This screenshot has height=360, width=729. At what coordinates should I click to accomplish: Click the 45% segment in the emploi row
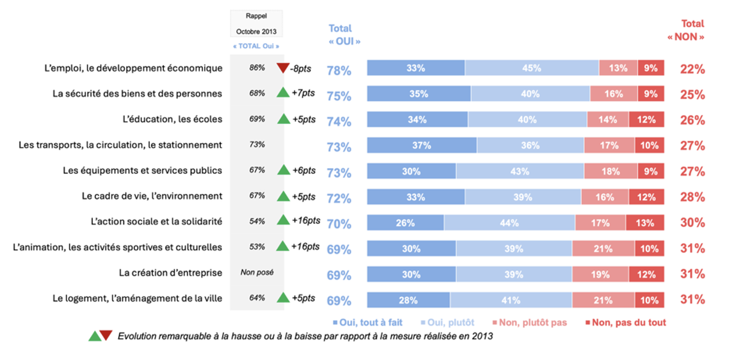[532, 68]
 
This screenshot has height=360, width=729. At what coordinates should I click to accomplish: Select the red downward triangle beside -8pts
[283, 68]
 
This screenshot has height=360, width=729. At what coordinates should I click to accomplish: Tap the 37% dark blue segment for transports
[422, 145]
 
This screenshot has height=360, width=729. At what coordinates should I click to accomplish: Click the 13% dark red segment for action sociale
[645, 223]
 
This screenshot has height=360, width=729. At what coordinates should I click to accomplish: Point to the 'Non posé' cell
[257, 272]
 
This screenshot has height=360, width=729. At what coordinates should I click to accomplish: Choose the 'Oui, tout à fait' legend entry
[368, 323]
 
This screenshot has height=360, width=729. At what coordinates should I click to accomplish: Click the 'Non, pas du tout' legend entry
[626, 323]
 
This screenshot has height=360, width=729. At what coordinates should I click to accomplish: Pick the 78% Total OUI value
[339, 71]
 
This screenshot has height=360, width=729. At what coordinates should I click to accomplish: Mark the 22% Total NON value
[693, 69]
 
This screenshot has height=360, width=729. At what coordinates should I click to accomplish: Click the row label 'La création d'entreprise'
[171, 273]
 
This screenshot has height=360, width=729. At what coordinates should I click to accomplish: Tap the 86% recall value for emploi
[257, 68]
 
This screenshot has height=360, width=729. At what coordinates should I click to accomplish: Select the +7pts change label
[303, 93]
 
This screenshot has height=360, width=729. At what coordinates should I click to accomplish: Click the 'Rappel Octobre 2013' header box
[257, 24]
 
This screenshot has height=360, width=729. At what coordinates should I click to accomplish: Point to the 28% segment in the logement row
[408, 300]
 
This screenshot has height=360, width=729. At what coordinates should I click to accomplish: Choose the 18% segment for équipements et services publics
[611, 171]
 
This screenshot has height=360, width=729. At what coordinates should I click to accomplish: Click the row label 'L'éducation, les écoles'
[172, 119]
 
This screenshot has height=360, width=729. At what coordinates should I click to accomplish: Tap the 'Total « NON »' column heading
[686, 30]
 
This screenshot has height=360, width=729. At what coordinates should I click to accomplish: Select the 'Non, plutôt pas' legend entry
[530, 323]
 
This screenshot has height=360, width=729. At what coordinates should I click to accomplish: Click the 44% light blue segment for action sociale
[509, 223]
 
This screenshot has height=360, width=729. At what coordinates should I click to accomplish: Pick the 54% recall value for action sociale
[257, 222]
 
